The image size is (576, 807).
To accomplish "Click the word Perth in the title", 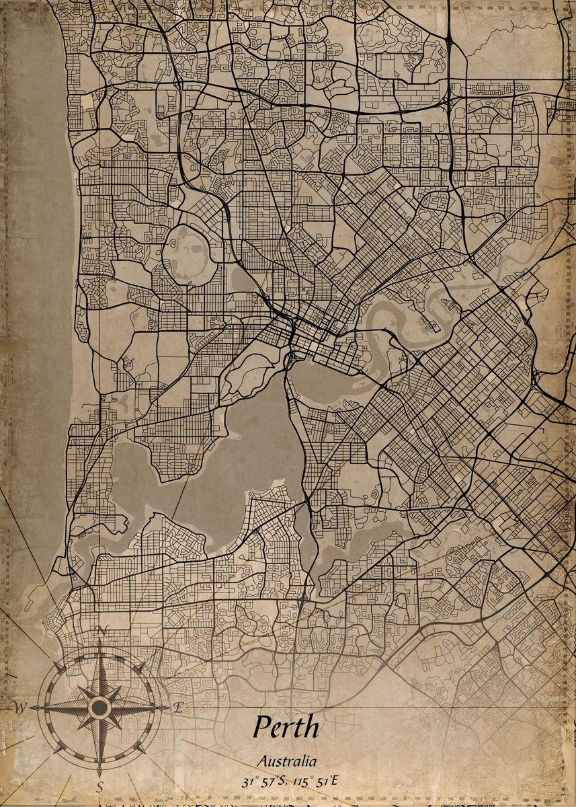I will pos(286,727).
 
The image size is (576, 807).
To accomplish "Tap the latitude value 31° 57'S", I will pos(263,781).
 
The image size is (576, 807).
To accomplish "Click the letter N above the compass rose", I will pos(102,631).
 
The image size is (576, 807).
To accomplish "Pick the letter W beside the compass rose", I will pos(20,707).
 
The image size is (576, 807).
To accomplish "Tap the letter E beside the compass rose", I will pos(178,707).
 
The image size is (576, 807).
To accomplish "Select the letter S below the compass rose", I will pos(100,786).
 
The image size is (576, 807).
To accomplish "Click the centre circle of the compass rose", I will pos(100,707).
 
